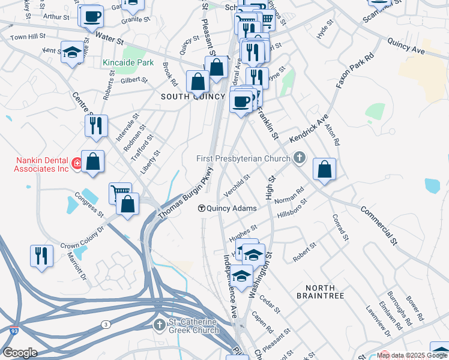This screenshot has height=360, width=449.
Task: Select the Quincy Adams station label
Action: click(232, 209)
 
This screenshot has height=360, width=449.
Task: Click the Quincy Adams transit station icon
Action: click(202, 209)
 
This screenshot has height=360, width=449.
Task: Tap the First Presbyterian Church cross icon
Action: click(299, 158)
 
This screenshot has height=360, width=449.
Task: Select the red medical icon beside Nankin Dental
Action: click(77, 163)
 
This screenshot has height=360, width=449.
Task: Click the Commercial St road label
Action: click(379, 226)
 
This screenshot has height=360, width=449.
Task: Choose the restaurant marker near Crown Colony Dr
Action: click(41, 255)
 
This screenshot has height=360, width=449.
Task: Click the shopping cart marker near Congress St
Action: click(119, 193)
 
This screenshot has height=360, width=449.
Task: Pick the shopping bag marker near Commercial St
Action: click(324, 170)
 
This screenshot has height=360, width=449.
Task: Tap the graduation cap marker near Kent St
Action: click(72, 53)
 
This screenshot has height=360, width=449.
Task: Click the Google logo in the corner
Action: click(19, 353)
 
